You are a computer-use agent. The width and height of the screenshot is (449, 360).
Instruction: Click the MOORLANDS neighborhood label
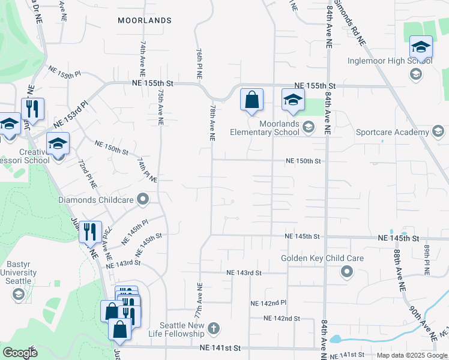click(x=144, y=20)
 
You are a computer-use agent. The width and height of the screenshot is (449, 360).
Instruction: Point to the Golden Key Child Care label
click(x=322, y=259)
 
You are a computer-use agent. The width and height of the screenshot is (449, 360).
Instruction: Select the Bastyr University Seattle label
click(x=22, y=273)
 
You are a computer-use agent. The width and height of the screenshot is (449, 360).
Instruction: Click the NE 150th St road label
click(x=303, y=161)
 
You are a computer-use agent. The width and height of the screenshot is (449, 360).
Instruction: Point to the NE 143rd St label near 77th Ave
click(x=244, y=272)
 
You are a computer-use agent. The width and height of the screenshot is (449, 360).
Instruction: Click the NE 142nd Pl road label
click(x=269, y=303)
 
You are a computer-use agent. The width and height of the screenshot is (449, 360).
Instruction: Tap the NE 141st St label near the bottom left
click(x=220, y=348)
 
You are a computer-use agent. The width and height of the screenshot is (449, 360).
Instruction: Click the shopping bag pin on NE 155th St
click(x=252, y=100)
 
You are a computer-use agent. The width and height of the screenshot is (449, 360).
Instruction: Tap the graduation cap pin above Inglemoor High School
click(x=421, y=47)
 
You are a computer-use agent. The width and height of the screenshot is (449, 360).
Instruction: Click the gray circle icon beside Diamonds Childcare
click(x=143, y=199)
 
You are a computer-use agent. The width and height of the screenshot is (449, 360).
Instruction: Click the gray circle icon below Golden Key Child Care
click(x=346, y=272)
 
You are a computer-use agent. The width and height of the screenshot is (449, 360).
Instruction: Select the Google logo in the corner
click(x=20, y=353)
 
